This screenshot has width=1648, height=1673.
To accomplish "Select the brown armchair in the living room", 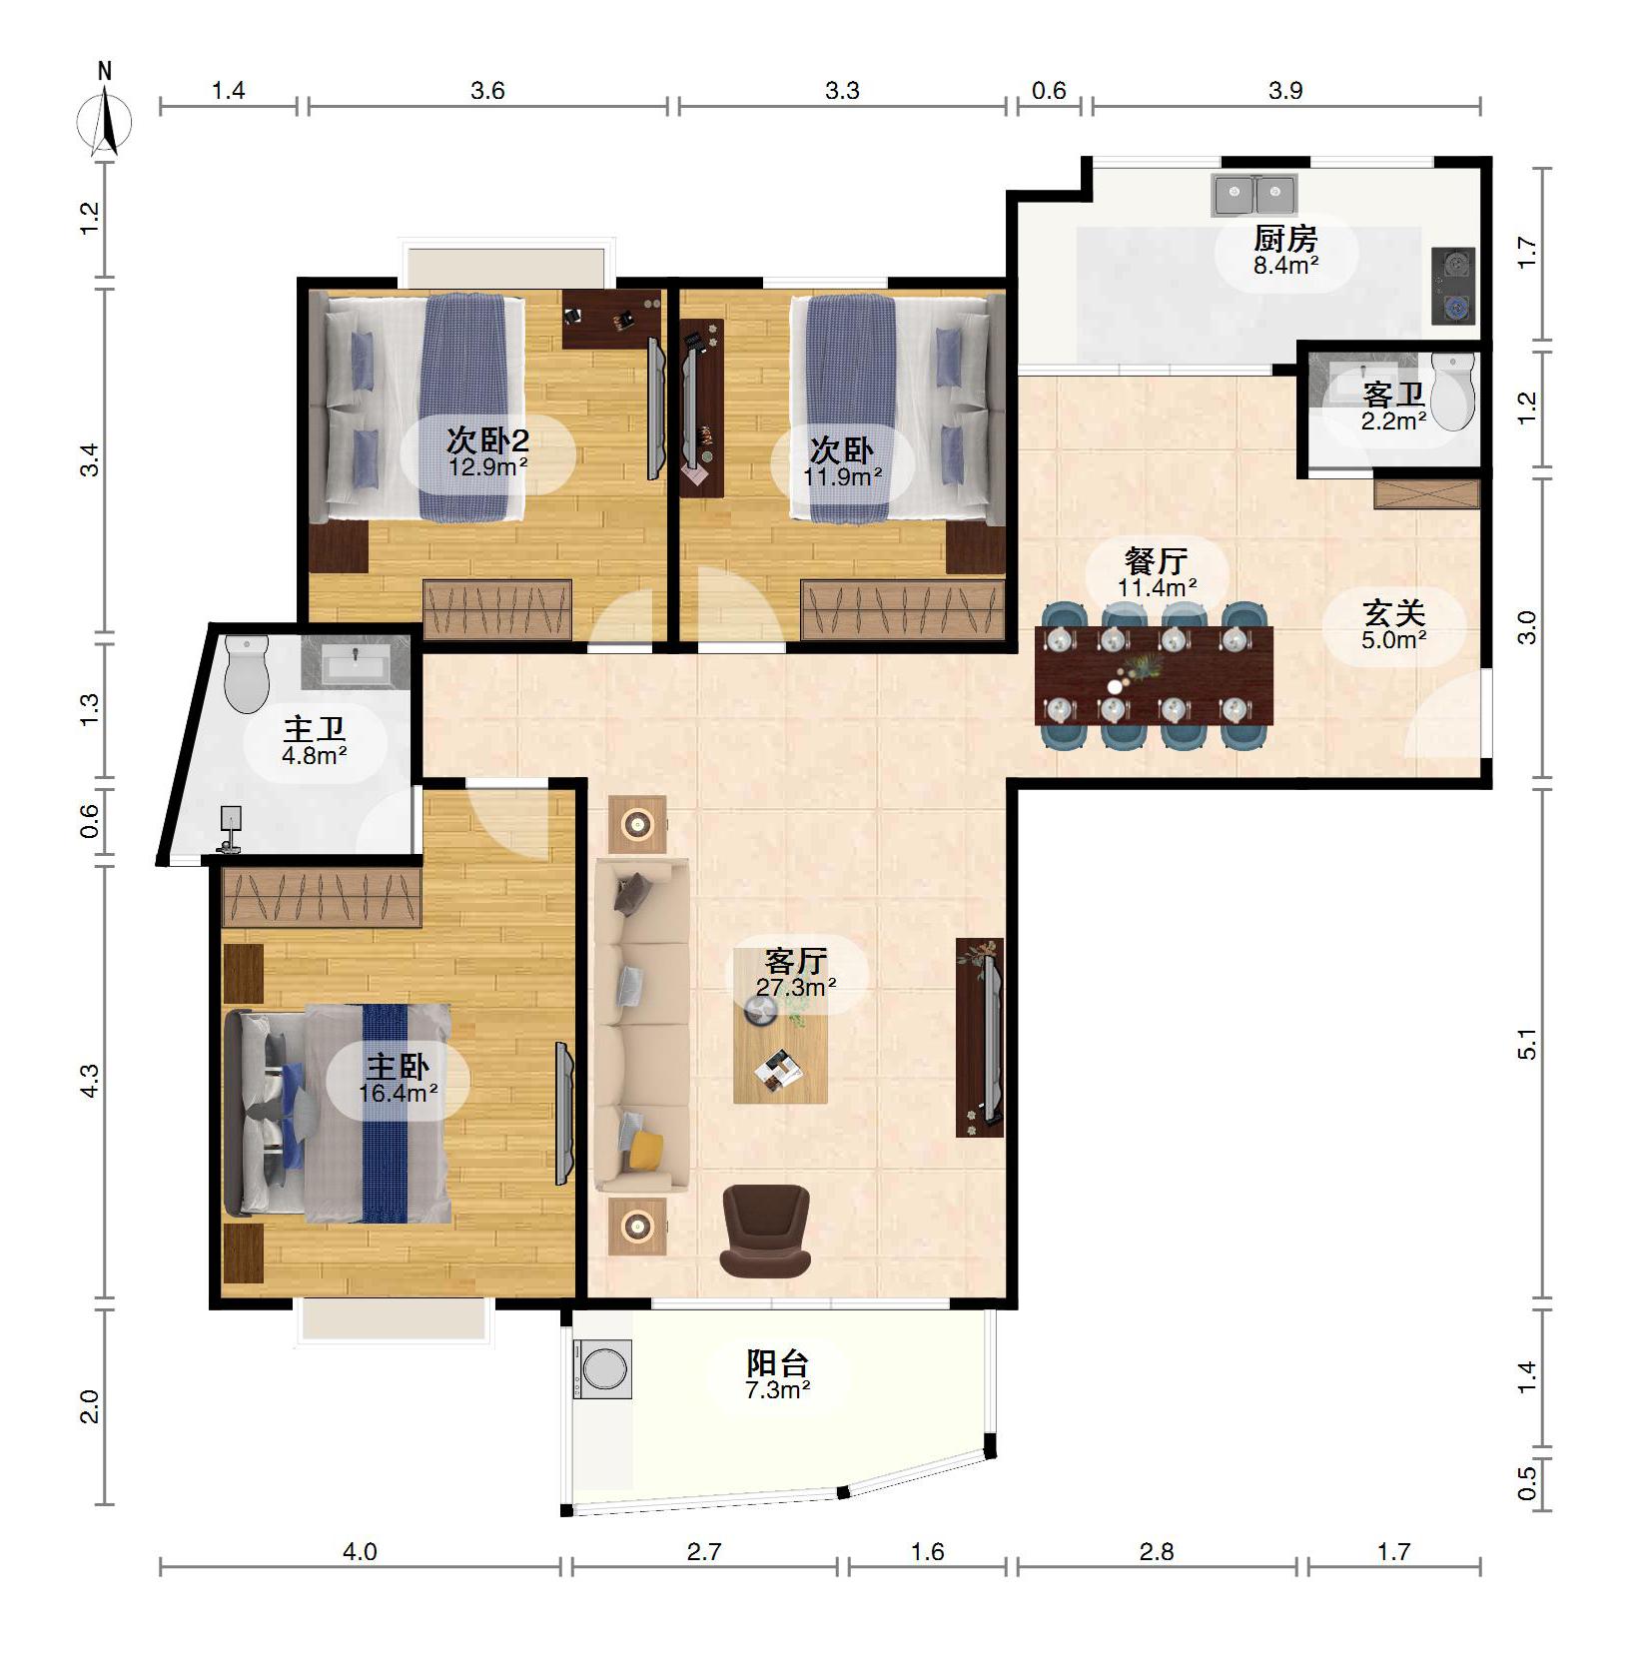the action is tap(765, 1231).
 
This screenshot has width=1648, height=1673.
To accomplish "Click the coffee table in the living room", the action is tap(780, 1051).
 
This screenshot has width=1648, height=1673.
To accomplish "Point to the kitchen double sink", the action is tap(1253, 195).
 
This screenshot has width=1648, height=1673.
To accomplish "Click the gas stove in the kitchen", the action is tap(1453, 286).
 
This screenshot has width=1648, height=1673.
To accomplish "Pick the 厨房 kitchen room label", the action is tap(1285, 239).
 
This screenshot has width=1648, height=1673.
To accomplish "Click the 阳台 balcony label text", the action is tap(778, 1363).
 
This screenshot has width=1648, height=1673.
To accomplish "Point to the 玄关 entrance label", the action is tap(1394, 613).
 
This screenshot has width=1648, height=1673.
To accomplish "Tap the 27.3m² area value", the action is tap(796, 987).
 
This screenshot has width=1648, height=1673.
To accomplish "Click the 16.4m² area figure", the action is tap(399, 1093).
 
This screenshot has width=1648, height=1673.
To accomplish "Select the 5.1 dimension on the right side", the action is tap(1527, 1045).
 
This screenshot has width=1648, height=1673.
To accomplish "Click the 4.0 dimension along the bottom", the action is tap(360, 1551).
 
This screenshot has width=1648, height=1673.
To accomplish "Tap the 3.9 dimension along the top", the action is tap(1285, 91).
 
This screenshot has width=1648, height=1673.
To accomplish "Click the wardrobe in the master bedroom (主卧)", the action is tap(322, 897).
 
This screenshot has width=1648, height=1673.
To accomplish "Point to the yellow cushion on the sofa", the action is tap(645, 1150).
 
